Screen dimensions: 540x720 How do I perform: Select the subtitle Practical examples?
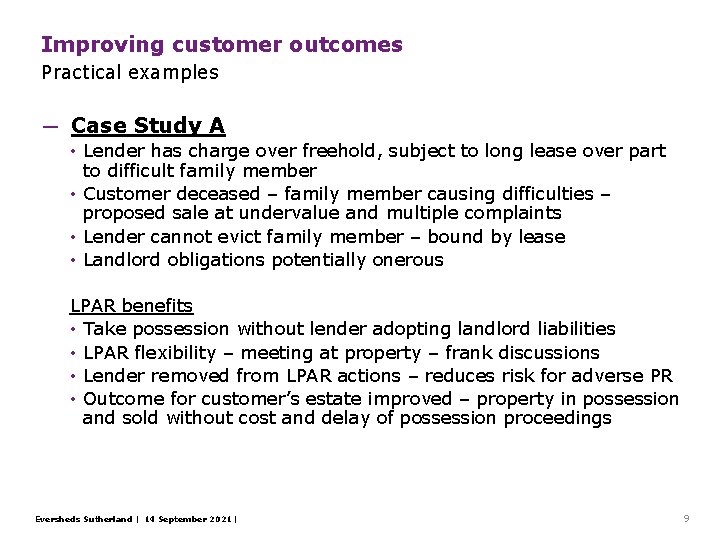click(129, 72)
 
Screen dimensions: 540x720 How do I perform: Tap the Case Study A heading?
click(148, 126)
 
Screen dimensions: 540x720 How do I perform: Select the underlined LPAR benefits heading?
click(131, 305)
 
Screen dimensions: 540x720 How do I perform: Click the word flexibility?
click(176, 352)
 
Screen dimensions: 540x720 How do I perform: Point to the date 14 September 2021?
click(189, 519)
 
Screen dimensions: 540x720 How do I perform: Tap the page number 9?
click(686, 518)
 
